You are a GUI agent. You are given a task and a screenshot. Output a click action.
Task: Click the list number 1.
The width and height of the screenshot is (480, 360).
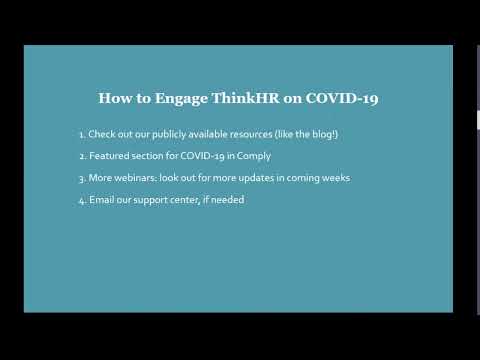coord(80,135)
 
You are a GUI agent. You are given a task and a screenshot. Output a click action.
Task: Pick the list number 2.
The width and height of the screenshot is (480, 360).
coord(80,156)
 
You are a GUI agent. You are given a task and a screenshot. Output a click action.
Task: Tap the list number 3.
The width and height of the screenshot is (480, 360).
coord(80,178)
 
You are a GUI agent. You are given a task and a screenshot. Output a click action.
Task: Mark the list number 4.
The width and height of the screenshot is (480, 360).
coord(80,200)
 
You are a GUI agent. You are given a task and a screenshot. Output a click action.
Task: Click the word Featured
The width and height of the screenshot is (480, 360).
coord(109,156)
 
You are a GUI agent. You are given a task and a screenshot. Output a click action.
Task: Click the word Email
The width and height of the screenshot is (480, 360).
coord(102,200)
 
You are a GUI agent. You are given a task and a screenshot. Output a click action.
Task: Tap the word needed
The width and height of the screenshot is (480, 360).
coord(227,200)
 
